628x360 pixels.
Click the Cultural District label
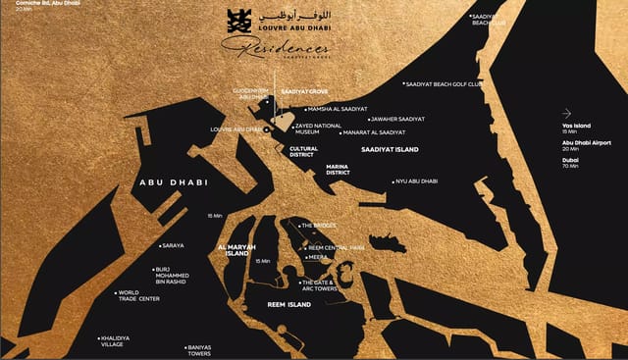(303, 152)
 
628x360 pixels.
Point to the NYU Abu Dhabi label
(416, 181)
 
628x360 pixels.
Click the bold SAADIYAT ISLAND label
(390, 149)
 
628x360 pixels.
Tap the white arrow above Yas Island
(567, 113)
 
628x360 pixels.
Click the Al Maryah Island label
(235, 249)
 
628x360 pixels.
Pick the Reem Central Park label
(336, 248)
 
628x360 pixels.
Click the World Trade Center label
(135, 295)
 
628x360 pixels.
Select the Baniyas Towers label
(198, 350)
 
